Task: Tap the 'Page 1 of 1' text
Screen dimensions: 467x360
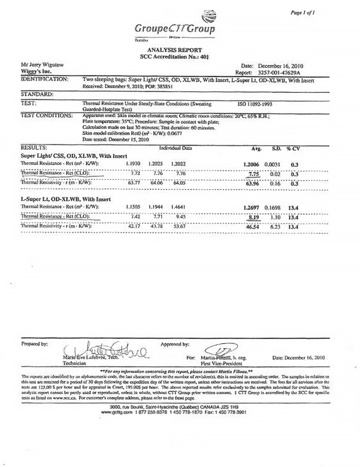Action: tap(302, 13)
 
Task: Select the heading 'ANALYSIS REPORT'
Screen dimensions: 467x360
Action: tap(175, 50)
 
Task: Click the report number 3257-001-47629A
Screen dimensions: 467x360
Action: tap(279, 72)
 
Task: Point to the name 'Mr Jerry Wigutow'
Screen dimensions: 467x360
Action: tap(42, 65)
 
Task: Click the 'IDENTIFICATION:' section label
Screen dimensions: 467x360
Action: tap(45, 79)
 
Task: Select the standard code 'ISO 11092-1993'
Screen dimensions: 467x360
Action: tap(255, 104)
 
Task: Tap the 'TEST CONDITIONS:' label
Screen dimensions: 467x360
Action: tap(47, 115)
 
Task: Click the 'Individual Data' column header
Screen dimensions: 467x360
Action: tap(175, 148)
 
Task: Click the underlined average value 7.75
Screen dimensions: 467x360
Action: tap(254, 174)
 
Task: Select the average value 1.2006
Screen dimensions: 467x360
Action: tap(251, 164)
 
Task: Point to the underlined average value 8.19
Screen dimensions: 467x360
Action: tap(254, 217)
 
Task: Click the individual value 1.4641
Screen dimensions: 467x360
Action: tap(178, 207)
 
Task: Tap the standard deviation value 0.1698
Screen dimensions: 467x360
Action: tap(272, 208)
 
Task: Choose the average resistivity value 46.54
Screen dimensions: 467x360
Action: tap(252, 227)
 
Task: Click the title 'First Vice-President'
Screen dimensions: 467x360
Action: tap(221, 364)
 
